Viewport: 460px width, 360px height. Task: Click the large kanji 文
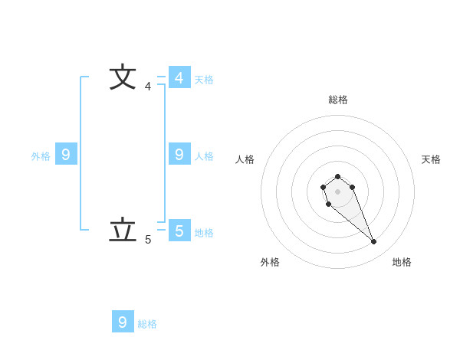pyautogui.click(x=123, y=78)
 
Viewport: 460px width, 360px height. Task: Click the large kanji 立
pyautogui.click(x=123, y=231)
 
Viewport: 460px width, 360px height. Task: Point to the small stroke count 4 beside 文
pyautogui.click(x=148, y=87)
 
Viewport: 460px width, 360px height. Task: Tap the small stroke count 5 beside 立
pyautogui.click(x=148, y=240)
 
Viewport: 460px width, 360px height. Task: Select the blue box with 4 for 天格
pyautogui.click(x=179, y=78)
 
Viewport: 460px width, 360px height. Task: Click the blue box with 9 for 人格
pyautogui.click(x=179, y=155)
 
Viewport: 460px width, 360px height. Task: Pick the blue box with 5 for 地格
pyautogui.click(x=179, y=231)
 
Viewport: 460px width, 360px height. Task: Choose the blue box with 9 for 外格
pyautogui.click(x=66, y=155)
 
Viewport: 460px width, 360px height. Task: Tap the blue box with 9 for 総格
pyautogui.click(x=123, y=322)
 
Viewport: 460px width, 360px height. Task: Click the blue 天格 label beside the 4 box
pyautogui.click(x=204, y=80)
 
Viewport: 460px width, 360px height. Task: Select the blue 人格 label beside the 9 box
pyautogui.click(x=204, y=156)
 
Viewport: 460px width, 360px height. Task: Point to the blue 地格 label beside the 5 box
pyautogui.click(x=204, y=233)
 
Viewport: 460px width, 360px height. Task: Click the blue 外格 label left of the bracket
pyautogui.click(x=41, y=156)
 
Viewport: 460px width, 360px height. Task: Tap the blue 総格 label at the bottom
pyautogui.click(x=147, y=324)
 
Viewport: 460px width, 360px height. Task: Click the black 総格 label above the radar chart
pyautogui.click(x=338, y=100)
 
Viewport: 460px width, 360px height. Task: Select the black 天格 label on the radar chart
pyautogui.click(x=431, y=159)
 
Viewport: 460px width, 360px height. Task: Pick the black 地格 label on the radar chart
pyautogui.click(x=402, y=262)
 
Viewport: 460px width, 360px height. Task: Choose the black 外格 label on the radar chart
pyautogui.click(x=270, y=262)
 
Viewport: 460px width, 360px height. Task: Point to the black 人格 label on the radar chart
pyautogui.click(x=245, y=159)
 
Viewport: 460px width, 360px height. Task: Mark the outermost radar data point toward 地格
pyautogui.click(x=374, y=242)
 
